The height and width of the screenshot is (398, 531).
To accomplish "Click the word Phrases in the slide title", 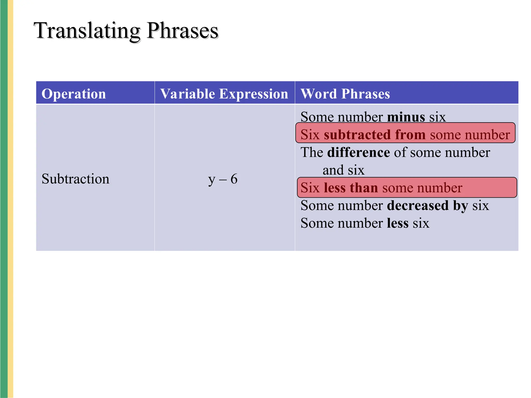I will click(182, 31).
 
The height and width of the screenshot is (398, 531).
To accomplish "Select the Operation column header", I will click(74, 94).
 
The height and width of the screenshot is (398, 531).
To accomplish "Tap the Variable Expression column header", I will click(224, 94).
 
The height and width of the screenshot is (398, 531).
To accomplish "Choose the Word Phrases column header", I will click(345, 94).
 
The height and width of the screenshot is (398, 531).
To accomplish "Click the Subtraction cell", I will click(75, 179).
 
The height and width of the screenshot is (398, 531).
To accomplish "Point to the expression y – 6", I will click(223, 179).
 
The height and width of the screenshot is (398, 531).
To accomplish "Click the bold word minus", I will click(406, 117).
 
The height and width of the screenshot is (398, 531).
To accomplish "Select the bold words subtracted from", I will click(375, 135).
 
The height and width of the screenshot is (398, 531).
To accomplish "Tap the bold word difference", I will click(358, 152).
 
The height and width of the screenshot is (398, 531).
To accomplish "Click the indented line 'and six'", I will click(343, 170).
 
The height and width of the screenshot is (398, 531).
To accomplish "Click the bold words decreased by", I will click(427, 205).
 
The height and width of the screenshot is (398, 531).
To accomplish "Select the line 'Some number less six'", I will click(365, 223).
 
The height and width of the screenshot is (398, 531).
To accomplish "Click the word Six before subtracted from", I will click(310, 135).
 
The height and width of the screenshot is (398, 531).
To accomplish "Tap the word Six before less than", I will click(310, 188).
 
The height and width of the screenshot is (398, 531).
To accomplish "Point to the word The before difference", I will click(311, 152).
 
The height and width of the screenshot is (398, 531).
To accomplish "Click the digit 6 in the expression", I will click(234, 179).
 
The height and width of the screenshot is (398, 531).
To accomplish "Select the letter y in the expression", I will click(212, 180).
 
